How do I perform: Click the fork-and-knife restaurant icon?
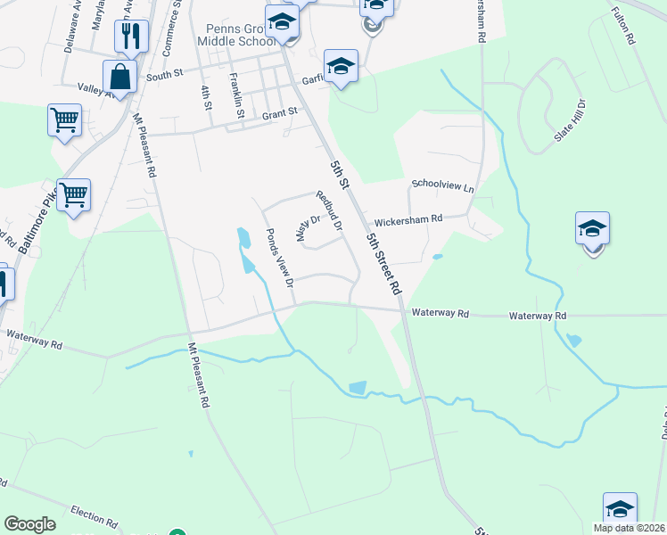(131, 36)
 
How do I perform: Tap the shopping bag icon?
(120, 76)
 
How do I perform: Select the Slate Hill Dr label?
(572, 120)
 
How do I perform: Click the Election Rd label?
(94, 519)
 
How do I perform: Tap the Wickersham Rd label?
(408, 218)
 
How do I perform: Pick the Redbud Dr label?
(328, 211)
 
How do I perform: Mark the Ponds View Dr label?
(280, 259)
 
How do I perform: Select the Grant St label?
(278, 115)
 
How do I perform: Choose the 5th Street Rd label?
(384, 265)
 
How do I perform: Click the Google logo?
(29, 524)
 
